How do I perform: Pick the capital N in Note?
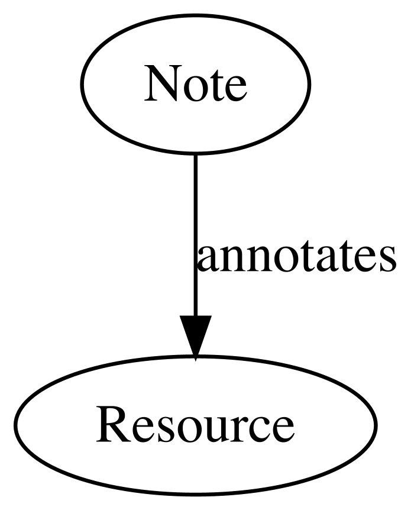(162, 83)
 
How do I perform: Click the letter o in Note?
(193, 89)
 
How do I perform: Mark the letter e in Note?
(234, 89)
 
